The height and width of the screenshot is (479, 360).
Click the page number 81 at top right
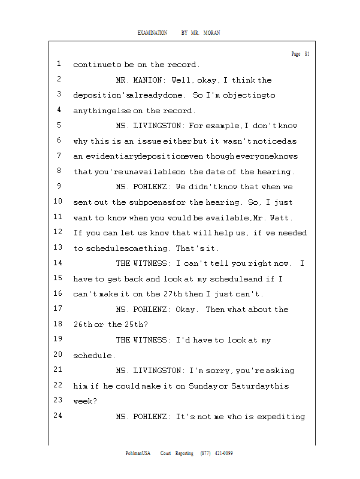(307, 54)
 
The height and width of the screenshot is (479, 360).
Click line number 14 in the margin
(59, 263)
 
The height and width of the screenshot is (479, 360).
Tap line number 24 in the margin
(59, 416)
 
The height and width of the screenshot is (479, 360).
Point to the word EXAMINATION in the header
(152, 32)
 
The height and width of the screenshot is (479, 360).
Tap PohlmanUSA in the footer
(138, 453)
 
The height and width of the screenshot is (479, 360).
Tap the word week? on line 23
(84, 401)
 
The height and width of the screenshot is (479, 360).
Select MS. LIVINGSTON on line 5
(150, 126)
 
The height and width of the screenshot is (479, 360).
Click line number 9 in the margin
(59, 186)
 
